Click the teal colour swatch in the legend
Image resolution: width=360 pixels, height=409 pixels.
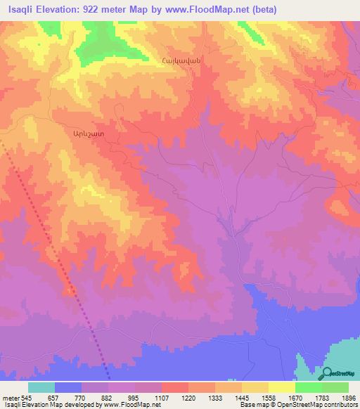[x=41, y=388]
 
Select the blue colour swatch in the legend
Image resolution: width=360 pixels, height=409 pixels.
[x=68, y=388]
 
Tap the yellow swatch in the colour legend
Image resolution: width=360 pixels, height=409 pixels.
[x=282, y=388]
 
